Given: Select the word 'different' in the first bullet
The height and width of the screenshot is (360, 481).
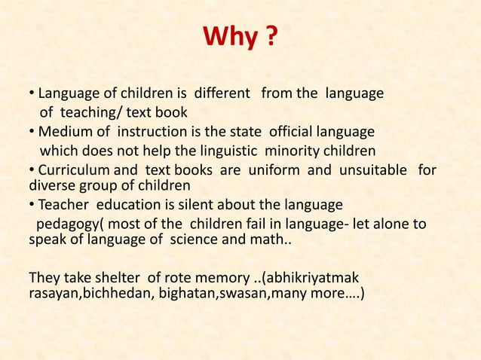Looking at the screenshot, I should click(223, 95).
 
